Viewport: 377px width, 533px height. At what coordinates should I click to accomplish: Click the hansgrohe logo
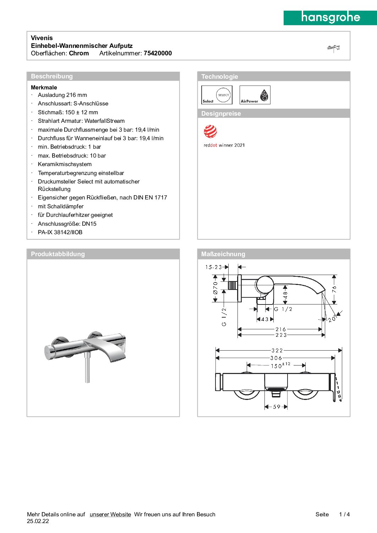[x=330, y=17]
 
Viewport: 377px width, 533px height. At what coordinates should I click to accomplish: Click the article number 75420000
[x=158, y=53]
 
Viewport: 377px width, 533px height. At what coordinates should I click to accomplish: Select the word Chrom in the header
[x=79, y=53]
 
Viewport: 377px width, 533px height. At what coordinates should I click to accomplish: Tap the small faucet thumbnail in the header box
[x=333, y=48]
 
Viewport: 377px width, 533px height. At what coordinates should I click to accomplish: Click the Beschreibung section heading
[x=52, y=76]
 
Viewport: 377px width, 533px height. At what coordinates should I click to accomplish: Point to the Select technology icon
[x=217, y=95]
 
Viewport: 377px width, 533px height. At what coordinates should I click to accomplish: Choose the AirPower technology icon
[x=255, y=95]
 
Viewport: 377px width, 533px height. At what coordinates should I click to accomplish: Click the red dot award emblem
[x=210, y=132]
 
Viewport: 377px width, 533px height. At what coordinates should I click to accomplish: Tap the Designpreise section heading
[x=221, y=114]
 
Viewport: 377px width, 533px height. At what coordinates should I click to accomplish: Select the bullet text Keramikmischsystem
[x=65, y=164]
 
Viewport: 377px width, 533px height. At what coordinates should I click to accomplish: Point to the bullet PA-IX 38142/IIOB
[x=60, y=232]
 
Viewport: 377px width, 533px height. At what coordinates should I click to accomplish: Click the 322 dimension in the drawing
[x=277, y=351]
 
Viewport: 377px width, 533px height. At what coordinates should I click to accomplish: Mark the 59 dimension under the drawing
[x=277, y=407]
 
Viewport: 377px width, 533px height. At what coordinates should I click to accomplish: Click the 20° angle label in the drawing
[x=332, y=319]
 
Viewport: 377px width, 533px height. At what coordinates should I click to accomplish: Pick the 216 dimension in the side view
[x=280, y=329]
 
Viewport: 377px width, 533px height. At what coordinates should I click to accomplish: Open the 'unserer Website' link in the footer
[x=110, y=515]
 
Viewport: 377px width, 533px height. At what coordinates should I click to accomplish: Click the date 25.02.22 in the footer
[x=38, y=521]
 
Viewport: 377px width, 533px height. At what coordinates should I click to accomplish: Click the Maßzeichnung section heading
[x=223, y=254]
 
